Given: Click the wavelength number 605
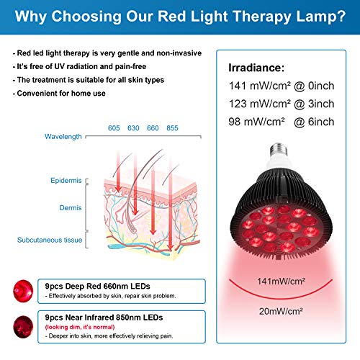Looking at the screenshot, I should [x=114, y=127].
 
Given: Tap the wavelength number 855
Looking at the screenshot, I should [x=173, y=127].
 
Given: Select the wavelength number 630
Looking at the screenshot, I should [x=133, y=127].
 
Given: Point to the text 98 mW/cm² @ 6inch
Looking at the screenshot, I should [x=272, y=122].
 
